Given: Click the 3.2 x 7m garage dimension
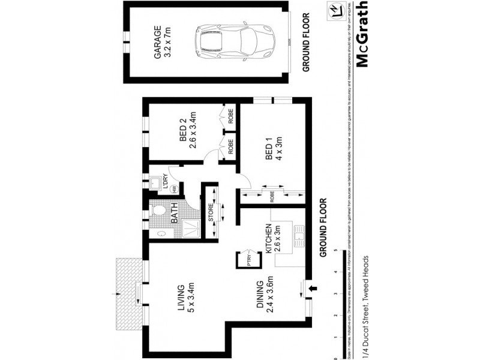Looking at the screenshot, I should pyautogui.click(x=169, y=41).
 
